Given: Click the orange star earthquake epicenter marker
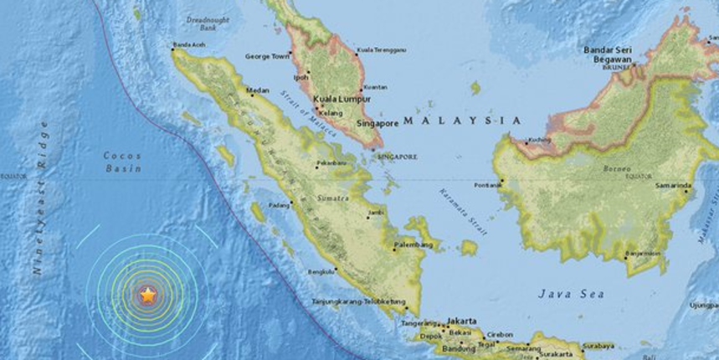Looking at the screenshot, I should coord(148,295).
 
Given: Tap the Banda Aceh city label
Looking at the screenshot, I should coord(188,45).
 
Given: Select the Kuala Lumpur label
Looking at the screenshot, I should coord(342,98).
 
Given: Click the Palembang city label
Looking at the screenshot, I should coord(414,245).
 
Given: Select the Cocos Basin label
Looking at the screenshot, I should coord(123,162).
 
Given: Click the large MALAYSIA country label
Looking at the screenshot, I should coord(461,121).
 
